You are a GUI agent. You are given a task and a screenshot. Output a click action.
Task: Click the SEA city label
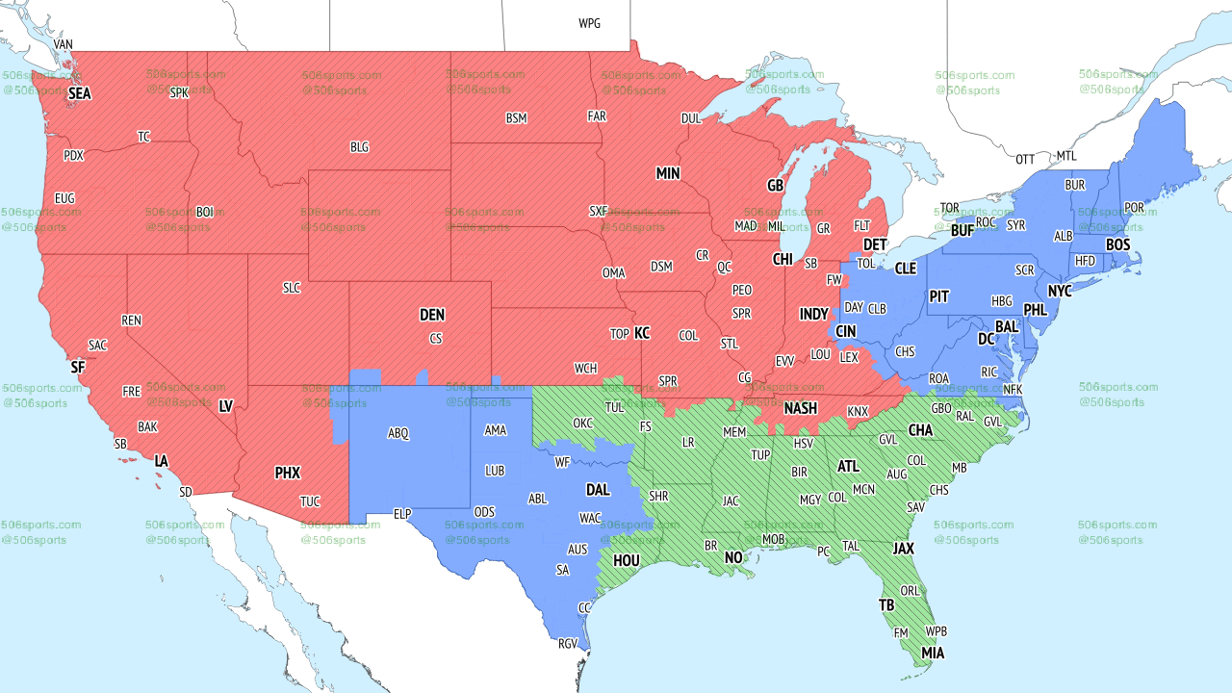tap(79, 94)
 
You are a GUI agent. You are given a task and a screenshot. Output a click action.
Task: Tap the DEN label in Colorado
tap(432, 315)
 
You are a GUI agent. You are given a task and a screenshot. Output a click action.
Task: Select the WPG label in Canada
tap(589, 23)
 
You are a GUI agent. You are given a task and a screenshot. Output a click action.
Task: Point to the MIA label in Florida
tap(933, 654)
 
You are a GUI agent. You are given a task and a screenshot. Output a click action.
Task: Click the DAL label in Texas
tap(598, 490)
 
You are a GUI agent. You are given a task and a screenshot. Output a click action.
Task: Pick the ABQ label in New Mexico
tap(398, 434)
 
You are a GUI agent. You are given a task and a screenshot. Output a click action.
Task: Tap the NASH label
tap(800, 408)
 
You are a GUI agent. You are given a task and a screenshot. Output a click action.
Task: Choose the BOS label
tap(1117, 245)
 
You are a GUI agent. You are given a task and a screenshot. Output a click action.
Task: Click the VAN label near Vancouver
tap(64, 45)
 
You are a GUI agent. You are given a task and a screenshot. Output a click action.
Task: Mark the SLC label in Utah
tap(292, 288)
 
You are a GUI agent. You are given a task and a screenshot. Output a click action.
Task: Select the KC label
tap(642, 333)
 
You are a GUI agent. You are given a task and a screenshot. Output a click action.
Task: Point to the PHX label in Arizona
tap(288, 473)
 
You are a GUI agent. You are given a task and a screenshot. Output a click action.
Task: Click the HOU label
tap(627, 560)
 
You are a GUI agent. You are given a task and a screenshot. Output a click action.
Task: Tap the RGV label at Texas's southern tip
tap(568, 644)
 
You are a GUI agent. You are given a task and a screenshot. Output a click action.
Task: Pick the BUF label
tap(962, 231)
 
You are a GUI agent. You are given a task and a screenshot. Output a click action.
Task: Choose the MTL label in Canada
tap(1066, 156)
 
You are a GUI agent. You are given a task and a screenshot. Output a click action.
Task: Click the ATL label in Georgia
tap(848, 467)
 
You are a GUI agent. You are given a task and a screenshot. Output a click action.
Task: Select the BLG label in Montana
tap(359, 147)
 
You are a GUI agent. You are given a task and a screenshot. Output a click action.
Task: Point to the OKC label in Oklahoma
tap(583, 423)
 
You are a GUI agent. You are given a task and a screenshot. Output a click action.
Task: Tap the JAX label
tap(903, 549)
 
